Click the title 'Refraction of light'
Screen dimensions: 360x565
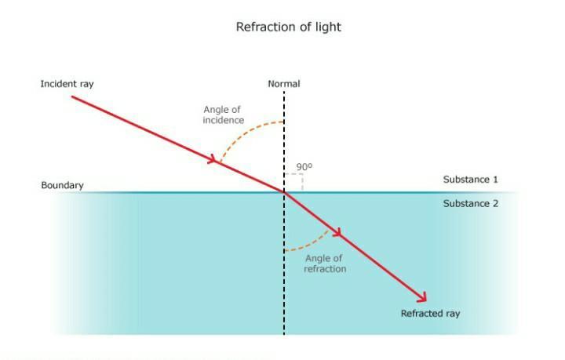(288, 27)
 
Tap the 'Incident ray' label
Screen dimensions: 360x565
(67, 82)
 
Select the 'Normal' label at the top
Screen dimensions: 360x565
(283, 83)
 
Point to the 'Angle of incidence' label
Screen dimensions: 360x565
(223, 115)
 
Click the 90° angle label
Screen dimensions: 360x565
(304, 167)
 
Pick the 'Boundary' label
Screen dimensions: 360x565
(62, 186)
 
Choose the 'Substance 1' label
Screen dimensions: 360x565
(471, 180)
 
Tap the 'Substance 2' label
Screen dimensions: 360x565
(471, 203)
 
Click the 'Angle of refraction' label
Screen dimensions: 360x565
(325, 264)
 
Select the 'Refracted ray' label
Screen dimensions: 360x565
(430, 314)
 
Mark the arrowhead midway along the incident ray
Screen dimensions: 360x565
(213, 160)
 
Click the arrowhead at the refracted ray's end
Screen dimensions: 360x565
(423, 297)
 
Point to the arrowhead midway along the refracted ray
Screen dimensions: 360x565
(338, 233)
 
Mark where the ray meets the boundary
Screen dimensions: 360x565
(284, 191)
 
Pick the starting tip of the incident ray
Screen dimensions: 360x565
(72, 96)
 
